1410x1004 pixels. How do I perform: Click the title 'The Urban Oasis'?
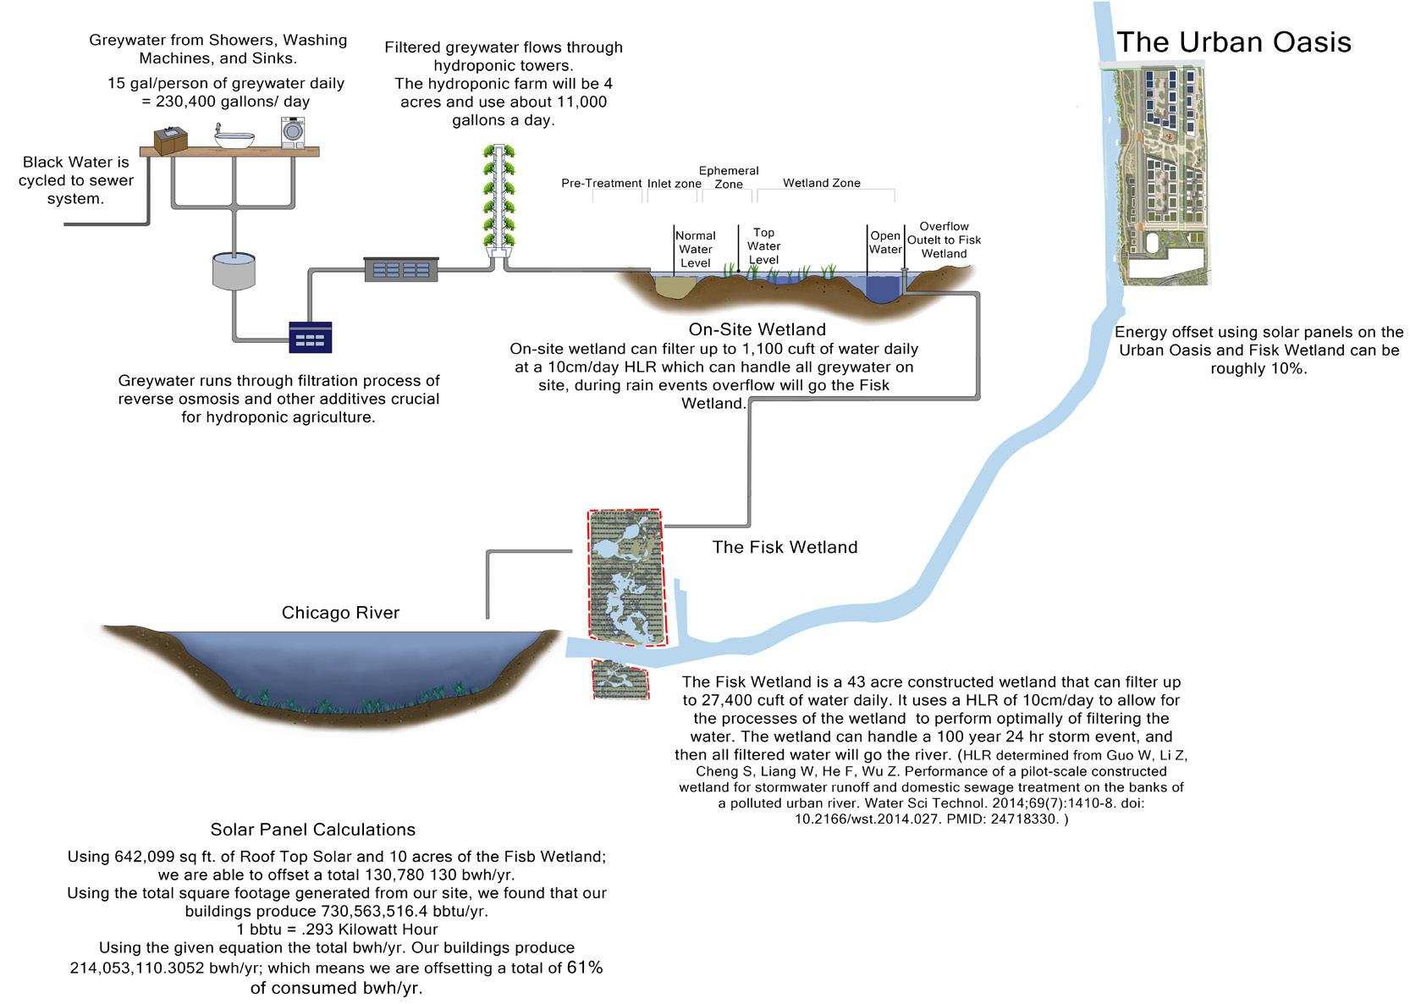pyautogui.click(x=1233, y=42)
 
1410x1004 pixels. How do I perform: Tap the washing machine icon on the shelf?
pyautogui.click(x=293, y=133)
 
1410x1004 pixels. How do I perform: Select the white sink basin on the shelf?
pyautogui.click(x=234, y=137)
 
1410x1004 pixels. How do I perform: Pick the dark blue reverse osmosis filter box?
pyautogui.click(x=310, y=337)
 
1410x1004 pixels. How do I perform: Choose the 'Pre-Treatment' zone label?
pyautogui.click(x=601, y=183)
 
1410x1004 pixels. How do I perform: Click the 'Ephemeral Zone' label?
pyautogui.click(x=728, y=177)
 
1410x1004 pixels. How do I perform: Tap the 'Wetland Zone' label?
pyautogui.click(x=821, y=183)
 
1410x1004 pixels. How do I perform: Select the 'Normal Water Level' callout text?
pyautogui.click(x=695, y=249)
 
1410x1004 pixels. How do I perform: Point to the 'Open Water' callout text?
pyautogui.click(x=885, y=243)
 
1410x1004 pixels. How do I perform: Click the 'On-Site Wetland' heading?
pyautogui.click(x=757, y=329)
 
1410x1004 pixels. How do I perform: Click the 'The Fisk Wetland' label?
pyautogui.click(x=785, y=547)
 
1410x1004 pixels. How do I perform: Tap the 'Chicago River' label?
pyautogui.click(x=340, y=613)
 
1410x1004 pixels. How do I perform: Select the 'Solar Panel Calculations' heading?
pyautogui.click(x=313, y=830)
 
